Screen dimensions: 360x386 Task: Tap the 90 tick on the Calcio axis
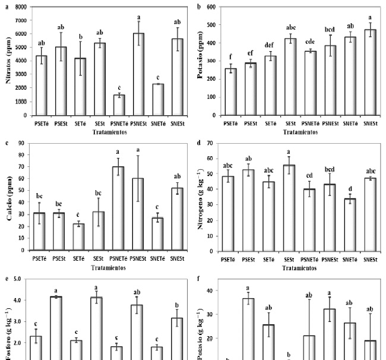25,143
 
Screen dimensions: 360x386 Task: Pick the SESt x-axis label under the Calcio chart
99,260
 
